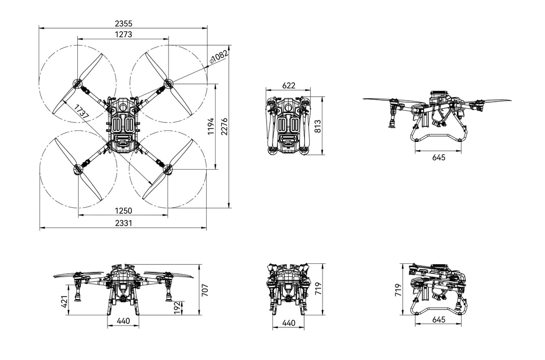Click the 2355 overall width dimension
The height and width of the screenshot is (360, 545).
[x=123, y=23]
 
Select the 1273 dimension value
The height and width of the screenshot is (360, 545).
[x=123, y=34]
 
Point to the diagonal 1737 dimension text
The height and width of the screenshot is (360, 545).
[x=81, y=113]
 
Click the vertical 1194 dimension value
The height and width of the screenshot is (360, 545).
[x=211, y=126]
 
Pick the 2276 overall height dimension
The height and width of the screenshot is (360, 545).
[x=224, y=126]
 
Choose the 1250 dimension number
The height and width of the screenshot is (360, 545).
[x=123, y=211]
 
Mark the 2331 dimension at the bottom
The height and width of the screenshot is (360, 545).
[x=123, y=223]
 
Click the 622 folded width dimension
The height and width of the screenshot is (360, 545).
[x=288, y=85]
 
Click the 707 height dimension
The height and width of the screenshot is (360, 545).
[x=205, y=290]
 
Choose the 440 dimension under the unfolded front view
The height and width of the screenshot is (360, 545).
[x=123, y=321]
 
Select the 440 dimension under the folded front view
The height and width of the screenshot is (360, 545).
[x=288, y=323]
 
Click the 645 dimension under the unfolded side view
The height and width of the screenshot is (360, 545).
[x=438, y=157]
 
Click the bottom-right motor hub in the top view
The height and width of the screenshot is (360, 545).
[x=168, y=170]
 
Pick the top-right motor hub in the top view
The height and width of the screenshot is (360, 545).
[x=168, y=82]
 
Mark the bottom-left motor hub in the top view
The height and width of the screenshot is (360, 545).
[x=78, y=169]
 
